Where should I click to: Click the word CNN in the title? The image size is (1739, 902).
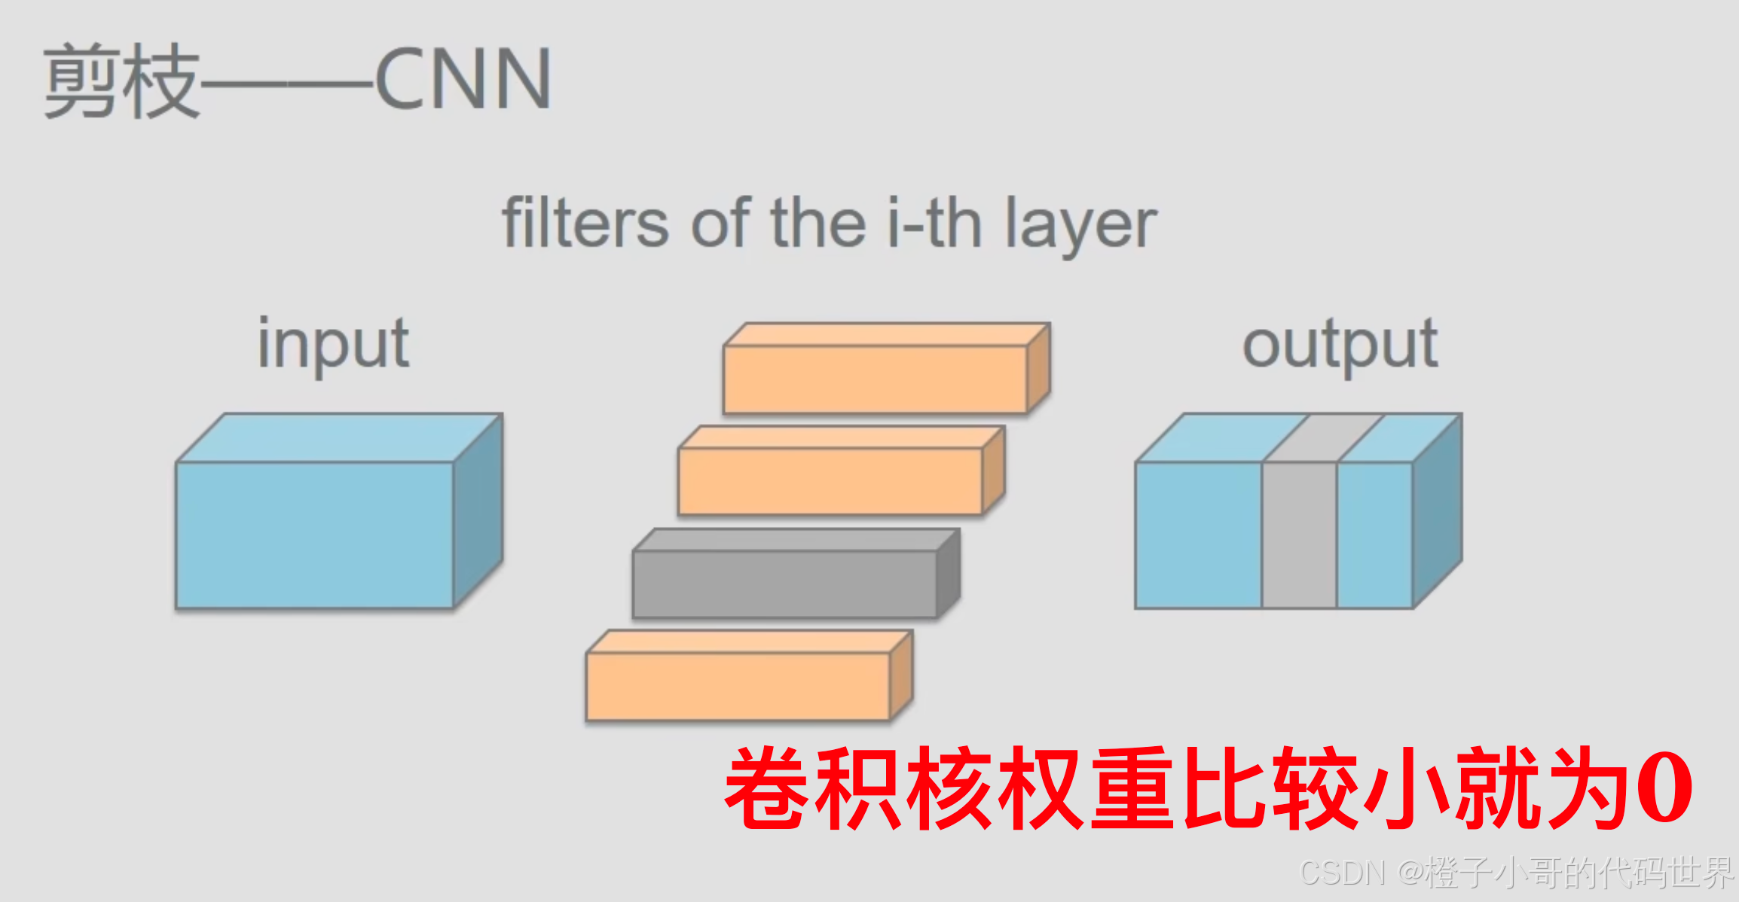(463, 79)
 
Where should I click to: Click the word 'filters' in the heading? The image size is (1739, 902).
(585, 223)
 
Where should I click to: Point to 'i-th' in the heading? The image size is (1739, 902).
(934, 223)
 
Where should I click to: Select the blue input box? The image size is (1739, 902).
(315, 535)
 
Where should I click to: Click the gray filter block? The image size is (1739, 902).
(784, 584)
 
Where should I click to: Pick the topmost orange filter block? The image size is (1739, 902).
(875, 379)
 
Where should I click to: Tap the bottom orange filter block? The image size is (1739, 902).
(738, 685)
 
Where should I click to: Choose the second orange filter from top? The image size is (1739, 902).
(830, 481)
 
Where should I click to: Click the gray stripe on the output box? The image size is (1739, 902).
(1299, 535)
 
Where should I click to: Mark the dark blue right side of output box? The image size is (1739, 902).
(1438, 512)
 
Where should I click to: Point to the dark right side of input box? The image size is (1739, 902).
(478, 512)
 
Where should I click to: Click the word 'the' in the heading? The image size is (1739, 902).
(818, 223)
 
